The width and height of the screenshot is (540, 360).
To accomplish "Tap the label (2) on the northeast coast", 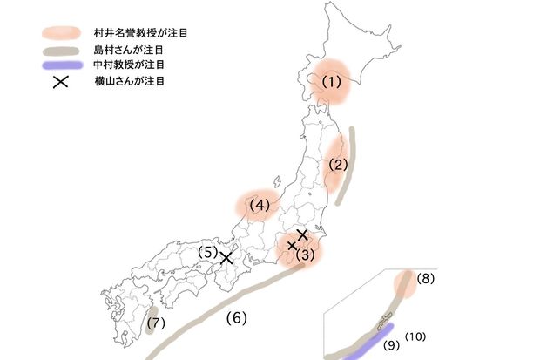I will click(x=339, y=164).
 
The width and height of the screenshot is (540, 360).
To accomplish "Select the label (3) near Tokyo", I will click(x=304, y=255).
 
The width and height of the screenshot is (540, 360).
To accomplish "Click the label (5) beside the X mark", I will click(x=206, y=253).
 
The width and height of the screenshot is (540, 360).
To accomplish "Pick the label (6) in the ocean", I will click(x=237, y=318).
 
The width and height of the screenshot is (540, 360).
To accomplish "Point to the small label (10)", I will click(x=415, y=336).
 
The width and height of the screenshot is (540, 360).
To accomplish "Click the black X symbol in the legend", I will click(x=61, y=83).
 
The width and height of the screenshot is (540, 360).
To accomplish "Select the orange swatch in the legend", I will click(x=62, y=31).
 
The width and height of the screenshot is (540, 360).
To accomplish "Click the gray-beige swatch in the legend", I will click(x=62, y=50).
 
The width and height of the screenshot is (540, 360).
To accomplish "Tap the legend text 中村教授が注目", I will click(x=129, y=65).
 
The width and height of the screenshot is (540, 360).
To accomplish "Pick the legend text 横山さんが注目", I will click(x=129, y=82).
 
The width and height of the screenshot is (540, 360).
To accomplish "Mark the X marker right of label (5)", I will click(x=226, y=257).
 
